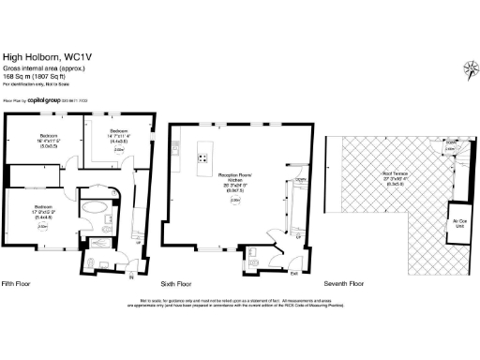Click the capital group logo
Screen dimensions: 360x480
point(46,97)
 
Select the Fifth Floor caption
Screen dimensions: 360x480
point(20,282)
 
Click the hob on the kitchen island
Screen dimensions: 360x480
point(202,159)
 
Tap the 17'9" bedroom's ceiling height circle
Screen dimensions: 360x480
point(42,226)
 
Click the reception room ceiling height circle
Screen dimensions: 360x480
point(234,200)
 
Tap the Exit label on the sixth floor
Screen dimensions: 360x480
point(293,273)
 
